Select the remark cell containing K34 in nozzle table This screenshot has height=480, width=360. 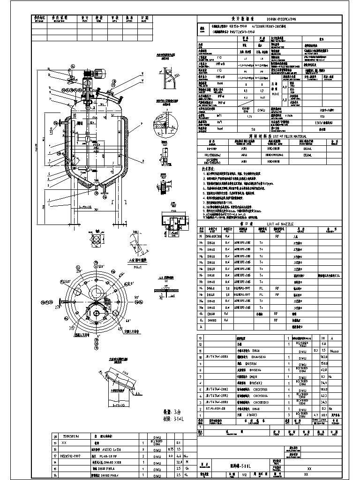330,276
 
